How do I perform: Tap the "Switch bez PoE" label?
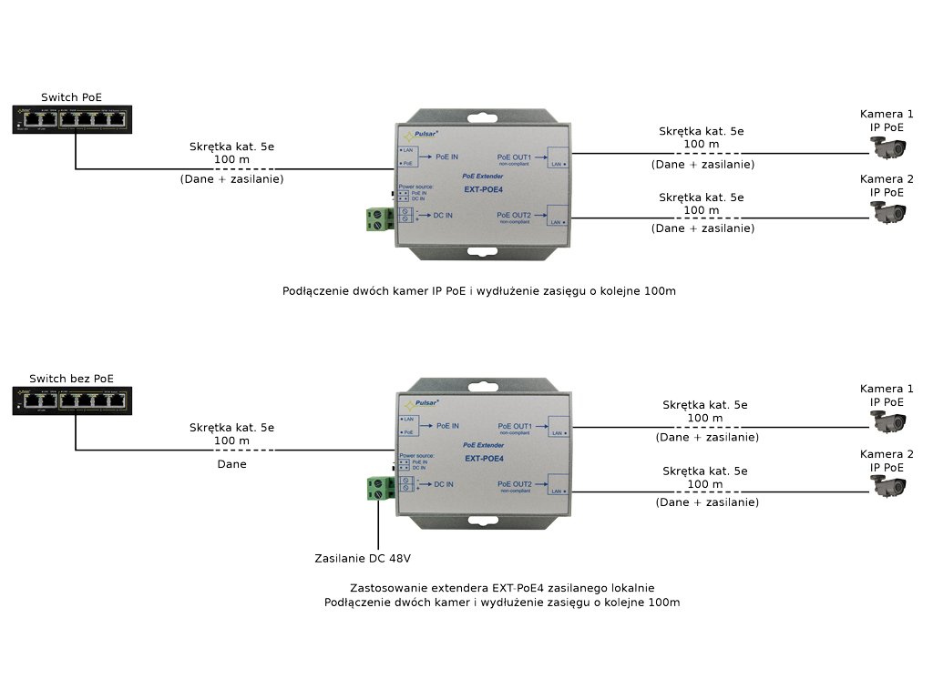click(x=72, y=379)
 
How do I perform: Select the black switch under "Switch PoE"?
click(x=73, y=118)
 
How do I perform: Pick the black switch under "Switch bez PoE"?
click(x=73, y=400)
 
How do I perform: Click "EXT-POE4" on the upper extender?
click(x=484, y=189)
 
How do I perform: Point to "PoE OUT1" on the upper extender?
click(x=514, y=157)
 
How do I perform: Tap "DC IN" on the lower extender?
click(x=444, y=484)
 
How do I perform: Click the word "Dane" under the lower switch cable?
click(x=231, y=463)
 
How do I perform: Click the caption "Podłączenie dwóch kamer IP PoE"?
click(x=480, y=291)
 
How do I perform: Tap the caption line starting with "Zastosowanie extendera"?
click(x=502, y=588)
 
